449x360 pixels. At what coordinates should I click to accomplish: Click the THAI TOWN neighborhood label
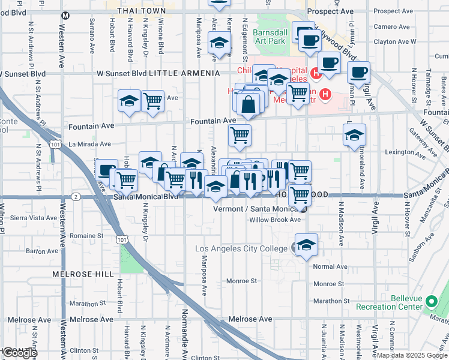[x=142, y=11]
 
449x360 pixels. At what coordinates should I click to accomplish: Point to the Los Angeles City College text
[x=243, y=248]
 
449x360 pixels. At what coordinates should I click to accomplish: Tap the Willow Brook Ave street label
[x=275, y=220]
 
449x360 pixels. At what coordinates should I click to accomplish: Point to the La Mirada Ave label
[x=89, y=144]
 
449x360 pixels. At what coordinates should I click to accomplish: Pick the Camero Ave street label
[x=391, y=26]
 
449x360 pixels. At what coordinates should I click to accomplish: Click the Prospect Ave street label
[x=330, y=11]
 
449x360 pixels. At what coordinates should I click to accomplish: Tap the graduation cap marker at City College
[x=306, y=245]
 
